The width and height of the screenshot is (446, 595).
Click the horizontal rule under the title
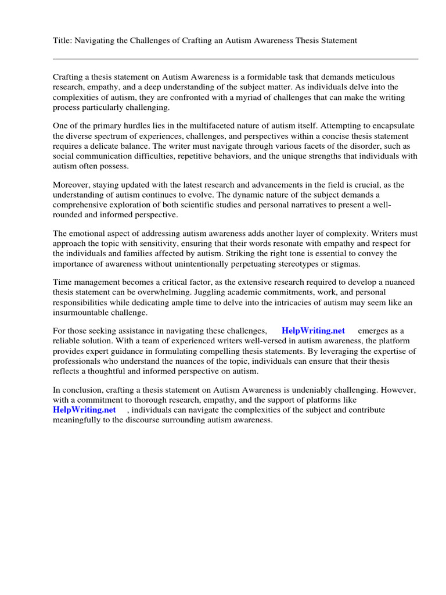click(235, 59)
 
